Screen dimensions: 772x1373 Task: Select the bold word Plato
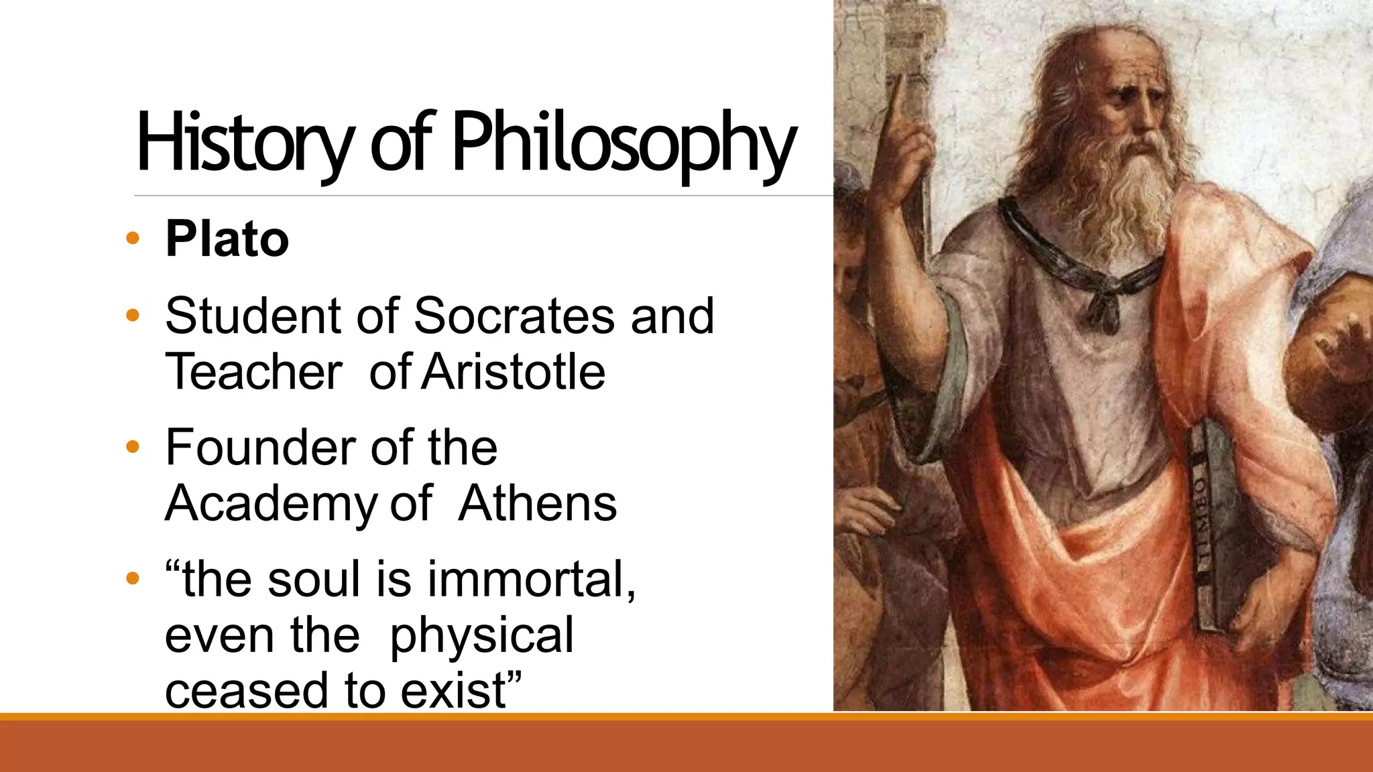[227, 239]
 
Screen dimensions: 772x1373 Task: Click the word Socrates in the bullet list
[514, 316]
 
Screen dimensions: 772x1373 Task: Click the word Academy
[271, 504]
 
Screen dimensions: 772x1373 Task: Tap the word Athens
[537, 504]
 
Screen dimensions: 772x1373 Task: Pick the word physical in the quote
[481, 635]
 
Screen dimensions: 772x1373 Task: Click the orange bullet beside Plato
[133, 238]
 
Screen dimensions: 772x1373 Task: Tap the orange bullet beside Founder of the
[133, 447]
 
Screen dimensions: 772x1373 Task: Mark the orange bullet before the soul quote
[133, 578]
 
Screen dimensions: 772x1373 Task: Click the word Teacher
[253, 372]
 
